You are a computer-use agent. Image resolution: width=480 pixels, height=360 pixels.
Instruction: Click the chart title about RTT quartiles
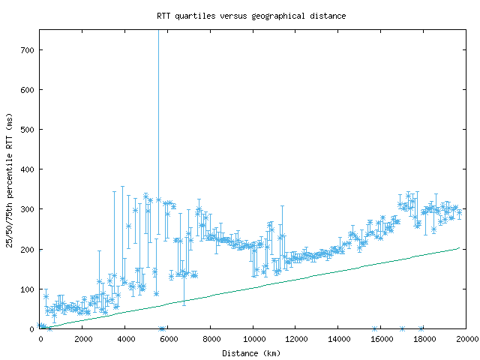coord(251,15)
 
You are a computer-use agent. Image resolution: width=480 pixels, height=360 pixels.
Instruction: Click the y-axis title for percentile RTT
coord(9,180)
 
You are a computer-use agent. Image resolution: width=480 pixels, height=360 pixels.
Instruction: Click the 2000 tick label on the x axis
coord(82,338)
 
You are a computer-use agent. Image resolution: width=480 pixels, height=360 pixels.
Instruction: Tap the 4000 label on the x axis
coord(125,338)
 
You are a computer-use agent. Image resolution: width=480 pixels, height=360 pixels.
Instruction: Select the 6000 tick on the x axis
coord(168,338)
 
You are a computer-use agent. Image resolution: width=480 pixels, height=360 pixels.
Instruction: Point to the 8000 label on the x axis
coord(211,338)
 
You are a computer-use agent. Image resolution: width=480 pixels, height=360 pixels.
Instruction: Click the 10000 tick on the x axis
coord(253,338)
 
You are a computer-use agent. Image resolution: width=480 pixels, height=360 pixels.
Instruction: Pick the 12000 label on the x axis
coord(296,338)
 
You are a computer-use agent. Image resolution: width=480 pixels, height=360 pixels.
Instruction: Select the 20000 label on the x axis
coord(466,338)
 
